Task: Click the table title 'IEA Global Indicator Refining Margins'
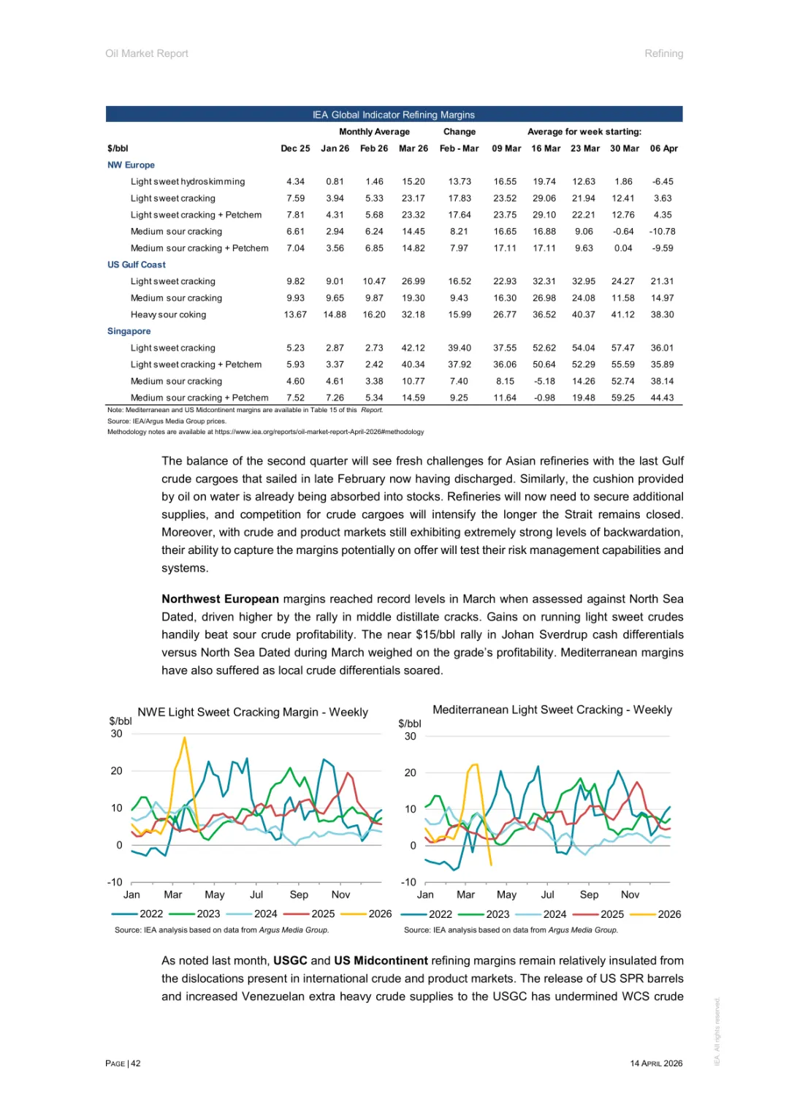pos(394,115)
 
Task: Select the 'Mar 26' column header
pos(413,148)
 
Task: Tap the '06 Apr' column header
pos(663,148)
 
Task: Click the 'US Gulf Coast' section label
pos(137,265)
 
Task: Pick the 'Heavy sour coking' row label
pos(168,315)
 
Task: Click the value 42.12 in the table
pos(413,348)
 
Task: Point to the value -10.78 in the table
pos(662,232)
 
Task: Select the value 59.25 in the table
pos(623,398)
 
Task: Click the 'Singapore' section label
pos(129,331)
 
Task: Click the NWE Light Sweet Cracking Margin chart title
pos(253,713)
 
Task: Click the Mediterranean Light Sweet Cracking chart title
pos(552,710)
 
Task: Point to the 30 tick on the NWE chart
pos(117,734)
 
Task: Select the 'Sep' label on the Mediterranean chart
pos(589,895)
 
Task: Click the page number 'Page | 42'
pos(123,1063)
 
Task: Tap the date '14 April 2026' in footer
pos(656,1063)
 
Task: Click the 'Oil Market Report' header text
pos(147,53)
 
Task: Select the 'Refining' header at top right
pos(663,53)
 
